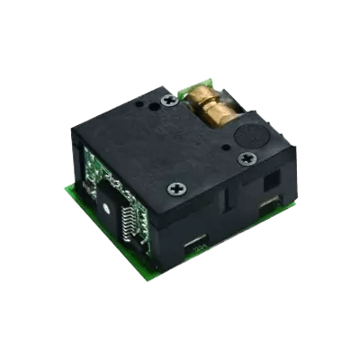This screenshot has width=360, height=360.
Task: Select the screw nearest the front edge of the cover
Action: (x=175, y=190)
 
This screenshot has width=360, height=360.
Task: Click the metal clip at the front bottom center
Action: (x=197, y=246)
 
